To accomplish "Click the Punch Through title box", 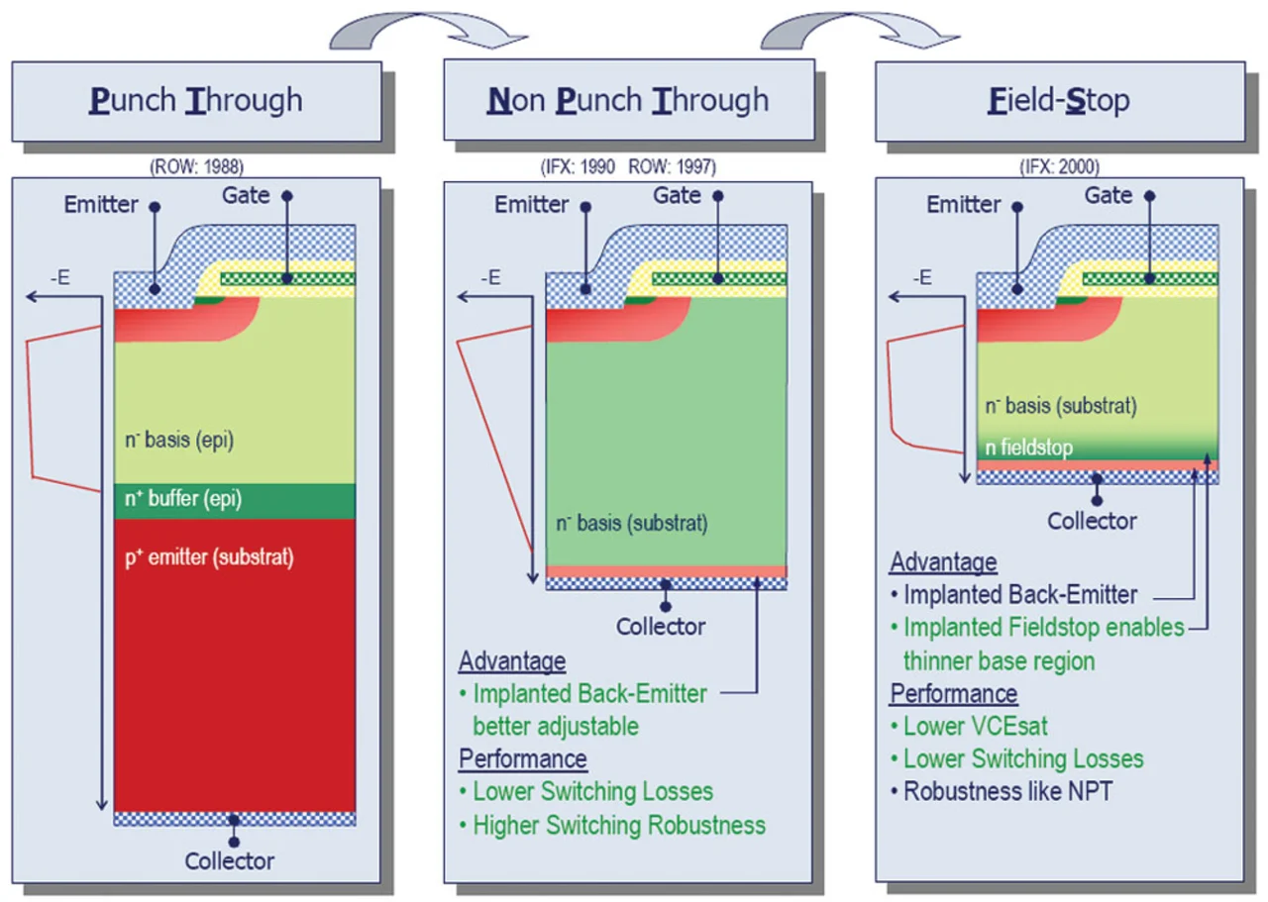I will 196,100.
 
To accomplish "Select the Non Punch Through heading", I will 628,100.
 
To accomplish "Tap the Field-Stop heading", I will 1059,100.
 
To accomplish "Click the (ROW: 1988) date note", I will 196,167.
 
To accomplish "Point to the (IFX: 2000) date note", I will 1059,167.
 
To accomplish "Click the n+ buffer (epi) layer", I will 235,501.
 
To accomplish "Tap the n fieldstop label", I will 1028,448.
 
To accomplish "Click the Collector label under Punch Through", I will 230,860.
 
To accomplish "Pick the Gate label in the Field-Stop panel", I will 1108,195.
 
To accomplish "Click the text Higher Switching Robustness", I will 619,824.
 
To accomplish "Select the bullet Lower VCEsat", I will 975,726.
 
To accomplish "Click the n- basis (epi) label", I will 179,441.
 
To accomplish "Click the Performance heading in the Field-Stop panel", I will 954,693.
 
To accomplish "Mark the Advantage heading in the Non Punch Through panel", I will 511,660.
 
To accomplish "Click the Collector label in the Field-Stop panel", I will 1093,520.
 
